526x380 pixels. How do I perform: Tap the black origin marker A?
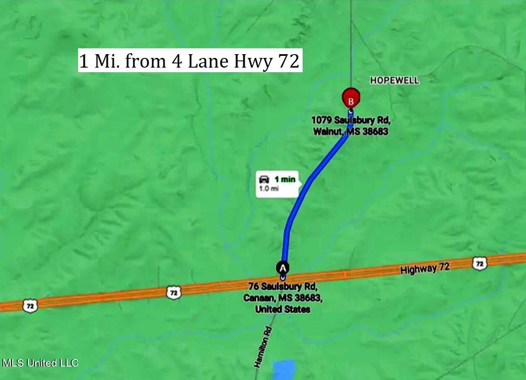[x=283, y=267]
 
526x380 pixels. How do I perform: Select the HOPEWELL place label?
[x=394, y=80]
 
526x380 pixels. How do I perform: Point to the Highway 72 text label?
[x=425, y=268]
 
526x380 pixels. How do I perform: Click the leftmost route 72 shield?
[x=30, y=306]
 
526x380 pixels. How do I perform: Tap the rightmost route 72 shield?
[x=479, y=263]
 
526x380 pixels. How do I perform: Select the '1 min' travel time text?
[x=285, y=180]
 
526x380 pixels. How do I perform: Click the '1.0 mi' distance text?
[x=269, y=189]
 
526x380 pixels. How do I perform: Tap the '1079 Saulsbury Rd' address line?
[x=351, y=121]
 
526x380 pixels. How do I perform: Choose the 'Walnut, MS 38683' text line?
[x=351, y=131]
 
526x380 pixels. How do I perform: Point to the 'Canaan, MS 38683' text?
[x=283, y=298]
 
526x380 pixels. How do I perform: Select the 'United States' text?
[x=283, y=309]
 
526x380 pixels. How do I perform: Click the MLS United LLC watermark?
[x=40, y=363]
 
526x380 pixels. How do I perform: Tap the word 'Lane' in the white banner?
[x=206, y=61]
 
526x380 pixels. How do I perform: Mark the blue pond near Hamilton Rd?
[x=284, y=371]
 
